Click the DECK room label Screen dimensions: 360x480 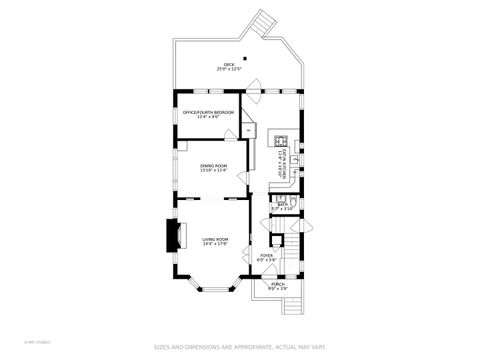(x=230, y=65)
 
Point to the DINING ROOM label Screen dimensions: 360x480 (x=214, y=166)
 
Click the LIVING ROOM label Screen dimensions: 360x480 (x=215, y=239)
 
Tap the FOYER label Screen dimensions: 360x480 (x=267, y=255)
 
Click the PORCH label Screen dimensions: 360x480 (x=278, y=284)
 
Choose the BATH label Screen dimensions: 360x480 (x=283, y=204)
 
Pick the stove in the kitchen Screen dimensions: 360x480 (x=283, y=140)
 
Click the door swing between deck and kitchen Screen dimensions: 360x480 (x=254, y=84)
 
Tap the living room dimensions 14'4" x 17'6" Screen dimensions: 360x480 (x=215, y=244)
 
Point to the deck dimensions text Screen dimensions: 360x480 (x=230, y=70)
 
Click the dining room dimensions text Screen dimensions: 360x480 (x=214, y=171)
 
